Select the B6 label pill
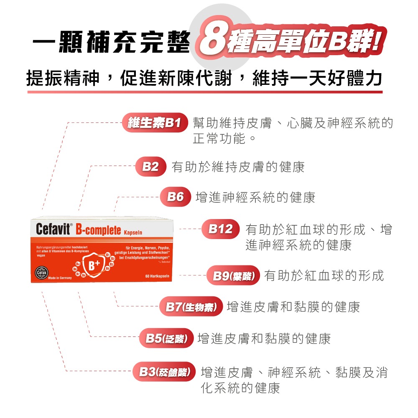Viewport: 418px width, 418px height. coord(176,197)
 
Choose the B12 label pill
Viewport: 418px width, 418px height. coord(220,229)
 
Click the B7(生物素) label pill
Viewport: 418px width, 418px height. coord(191,307)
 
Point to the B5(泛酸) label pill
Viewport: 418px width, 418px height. coord(166,338)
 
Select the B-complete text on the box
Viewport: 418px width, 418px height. coord(98,230)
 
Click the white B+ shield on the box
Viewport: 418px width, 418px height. coord(93,265)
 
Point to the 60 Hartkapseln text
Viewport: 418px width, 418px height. coord(157,276)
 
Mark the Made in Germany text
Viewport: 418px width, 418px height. coord(61,278)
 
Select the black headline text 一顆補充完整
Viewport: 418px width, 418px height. coord(111,45)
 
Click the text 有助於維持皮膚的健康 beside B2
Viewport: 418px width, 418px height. coord(238,167)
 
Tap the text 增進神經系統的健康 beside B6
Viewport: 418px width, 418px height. coord(255,197)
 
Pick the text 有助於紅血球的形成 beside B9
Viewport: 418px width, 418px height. coord(324,276)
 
